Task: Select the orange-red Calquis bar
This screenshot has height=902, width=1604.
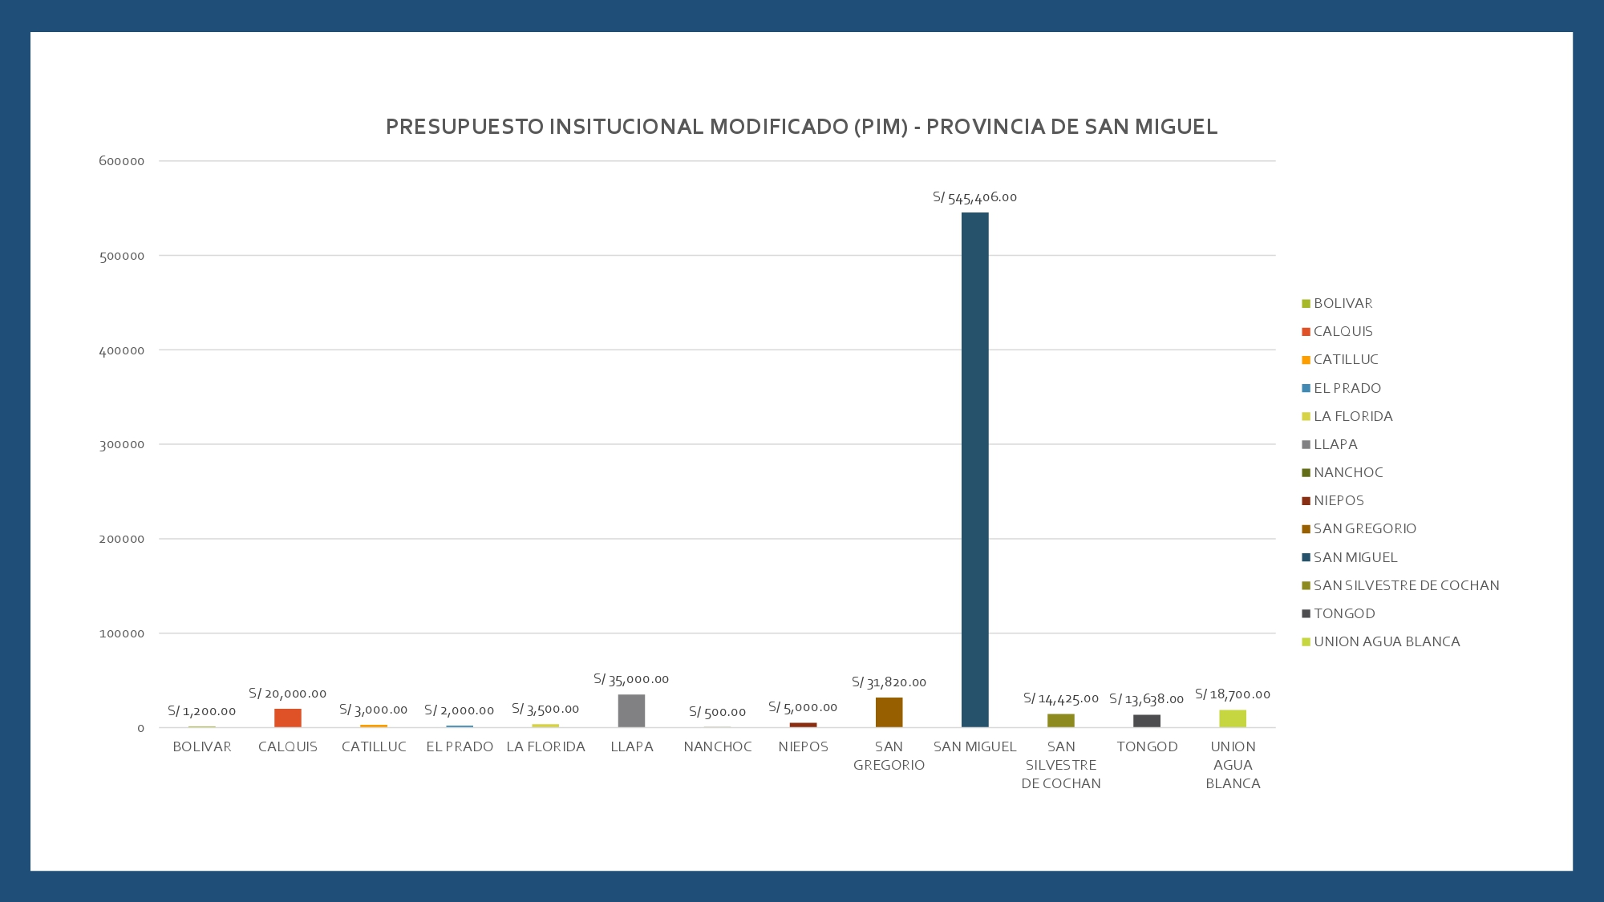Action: tap(288, 718)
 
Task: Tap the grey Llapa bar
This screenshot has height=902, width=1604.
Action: tap(631, 711)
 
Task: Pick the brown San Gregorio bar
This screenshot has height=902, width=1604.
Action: tap(889, 713)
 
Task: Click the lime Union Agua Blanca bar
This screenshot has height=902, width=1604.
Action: tap(1233, 718)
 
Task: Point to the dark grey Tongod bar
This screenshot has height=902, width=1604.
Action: tap(1147, 721)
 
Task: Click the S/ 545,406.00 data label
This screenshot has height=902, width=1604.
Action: tap(974, 197)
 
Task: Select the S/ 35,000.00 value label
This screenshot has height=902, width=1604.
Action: tap(631, 679)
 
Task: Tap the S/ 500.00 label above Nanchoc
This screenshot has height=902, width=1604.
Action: tap(717, 712)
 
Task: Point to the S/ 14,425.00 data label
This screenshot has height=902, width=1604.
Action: tap(1061, 698)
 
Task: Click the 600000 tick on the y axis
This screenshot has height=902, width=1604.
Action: tap(122, 161)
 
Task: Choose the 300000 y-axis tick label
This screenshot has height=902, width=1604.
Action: tap(122, 444)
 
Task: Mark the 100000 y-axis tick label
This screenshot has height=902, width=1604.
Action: tap(122, 633)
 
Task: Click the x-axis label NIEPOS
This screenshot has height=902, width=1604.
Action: tap(803, 746)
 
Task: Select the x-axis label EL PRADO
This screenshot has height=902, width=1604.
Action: tap(460, 746)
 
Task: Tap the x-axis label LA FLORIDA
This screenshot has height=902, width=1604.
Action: tap(545, 746)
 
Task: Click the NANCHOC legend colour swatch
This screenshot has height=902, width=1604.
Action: tap(1306, 473)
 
